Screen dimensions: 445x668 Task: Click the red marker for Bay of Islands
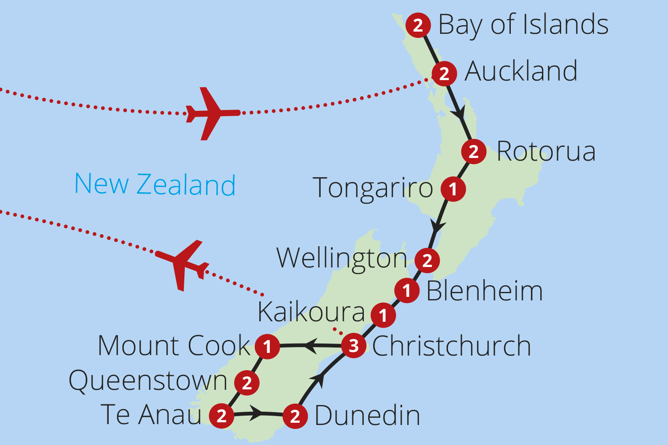point(418,25)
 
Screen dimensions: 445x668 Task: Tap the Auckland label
point(521,71)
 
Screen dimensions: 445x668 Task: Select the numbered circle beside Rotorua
point(473,151)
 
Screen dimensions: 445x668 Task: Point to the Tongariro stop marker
point(453,189)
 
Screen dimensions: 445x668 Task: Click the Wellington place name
point(341,259)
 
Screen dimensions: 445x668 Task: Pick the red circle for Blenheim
point(407,291)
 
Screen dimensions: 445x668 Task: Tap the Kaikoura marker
point(383,316)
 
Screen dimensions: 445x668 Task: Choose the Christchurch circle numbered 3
point(354,345)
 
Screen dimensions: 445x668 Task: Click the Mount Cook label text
point(174,345)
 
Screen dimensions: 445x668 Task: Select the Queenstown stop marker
point(247,382)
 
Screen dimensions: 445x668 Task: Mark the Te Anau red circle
point(222,416)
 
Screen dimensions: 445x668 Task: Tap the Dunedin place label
point(367,416)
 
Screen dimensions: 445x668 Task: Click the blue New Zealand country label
point(155,184)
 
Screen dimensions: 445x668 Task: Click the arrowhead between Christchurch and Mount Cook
point(310,345)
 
